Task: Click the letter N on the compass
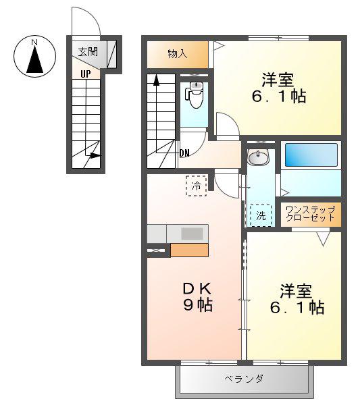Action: [34, 42]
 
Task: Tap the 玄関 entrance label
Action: [88, 52]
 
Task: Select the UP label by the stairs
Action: [86, 74]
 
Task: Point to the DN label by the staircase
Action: [184, 153]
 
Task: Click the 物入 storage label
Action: [178, 54]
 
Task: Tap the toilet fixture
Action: [195, 94]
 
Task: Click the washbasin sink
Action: [258, 157]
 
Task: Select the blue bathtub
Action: [311, 155]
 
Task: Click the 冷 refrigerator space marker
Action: [197, 186]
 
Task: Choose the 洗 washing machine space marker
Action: [261, 216]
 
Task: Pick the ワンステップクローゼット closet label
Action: [311, 213]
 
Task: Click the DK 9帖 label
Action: [198, 297]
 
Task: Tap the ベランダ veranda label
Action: [244, 379]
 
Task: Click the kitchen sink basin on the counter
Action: [192, 234]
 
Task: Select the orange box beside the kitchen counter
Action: [189, 250]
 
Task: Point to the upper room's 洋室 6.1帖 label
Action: [278, 88]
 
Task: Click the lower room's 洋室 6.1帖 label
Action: [297, 299]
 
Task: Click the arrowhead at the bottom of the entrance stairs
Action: [95, 156]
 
